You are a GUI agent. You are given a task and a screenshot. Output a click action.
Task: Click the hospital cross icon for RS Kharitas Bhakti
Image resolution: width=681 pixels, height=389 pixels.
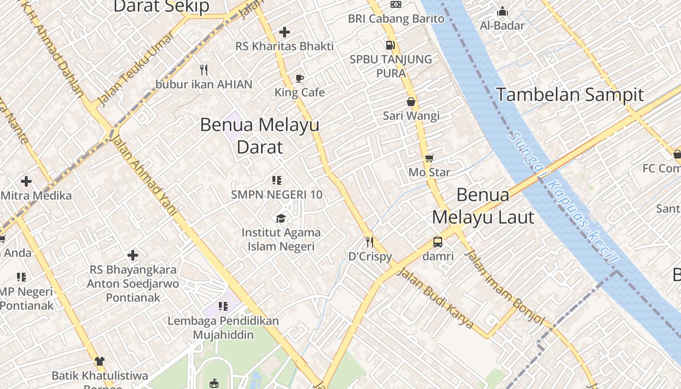click(285, 32)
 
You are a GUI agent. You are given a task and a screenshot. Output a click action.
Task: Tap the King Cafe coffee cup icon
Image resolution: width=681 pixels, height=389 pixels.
click(300, 78)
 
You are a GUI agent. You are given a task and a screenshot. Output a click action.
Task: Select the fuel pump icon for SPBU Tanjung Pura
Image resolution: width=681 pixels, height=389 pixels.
click(390, 45)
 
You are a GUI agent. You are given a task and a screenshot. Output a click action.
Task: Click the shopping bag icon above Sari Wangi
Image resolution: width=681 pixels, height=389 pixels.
click(411, 102)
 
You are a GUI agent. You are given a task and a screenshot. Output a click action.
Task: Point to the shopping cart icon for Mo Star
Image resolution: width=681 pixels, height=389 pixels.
click(429, 158)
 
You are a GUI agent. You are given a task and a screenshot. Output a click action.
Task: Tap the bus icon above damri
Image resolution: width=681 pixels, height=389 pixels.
click(438, 242)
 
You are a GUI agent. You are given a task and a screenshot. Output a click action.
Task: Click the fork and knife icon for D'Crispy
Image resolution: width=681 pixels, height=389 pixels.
click(370, 242)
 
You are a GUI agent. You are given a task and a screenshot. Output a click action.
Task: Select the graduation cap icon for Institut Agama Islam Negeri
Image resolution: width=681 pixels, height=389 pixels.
click(281, 218)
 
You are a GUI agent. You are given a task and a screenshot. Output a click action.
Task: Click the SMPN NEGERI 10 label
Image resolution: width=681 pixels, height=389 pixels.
click(276, 194)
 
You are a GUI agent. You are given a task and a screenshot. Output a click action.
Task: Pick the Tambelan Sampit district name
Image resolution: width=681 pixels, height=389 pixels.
click(570, 94)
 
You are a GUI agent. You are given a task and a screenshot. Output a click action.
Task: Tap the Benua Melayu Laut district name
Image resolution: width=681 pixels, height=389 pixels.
click(483, 206)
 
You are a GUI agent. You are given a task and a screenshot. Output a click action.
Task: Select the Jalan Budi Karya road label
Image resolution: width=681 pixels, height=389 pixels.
click(435, 298)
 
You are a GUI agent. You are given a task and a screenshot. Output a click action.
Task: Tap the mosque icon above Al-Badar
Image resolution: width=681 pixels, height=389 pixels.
click(502, 11)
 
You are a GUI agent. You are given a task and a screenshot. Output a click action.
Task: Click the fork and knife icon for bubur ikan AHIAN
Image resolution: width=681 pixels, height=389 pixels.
click(204, 70)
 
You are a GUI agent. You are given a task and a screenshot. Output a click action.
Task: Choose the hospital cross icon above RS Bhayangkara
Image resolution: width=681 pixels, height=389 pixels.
click(133, 255)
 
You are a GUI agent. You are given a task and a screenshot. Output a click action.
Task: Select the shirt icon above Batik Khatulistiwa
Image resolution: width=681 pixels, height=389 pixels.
click(100, 361)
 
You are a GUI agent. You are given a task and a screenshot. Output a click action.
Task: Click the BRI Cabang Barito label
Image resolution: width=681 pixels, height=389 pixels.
click(396, 18)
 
